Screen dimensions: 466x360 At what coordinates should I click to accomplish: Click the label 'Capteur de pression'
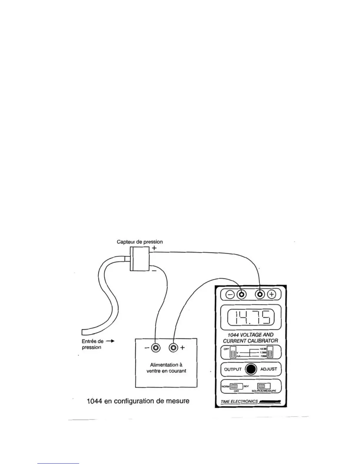tap(139, 242)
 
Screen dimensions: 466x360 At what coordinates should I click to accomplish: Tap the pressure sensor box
tap(139, 259)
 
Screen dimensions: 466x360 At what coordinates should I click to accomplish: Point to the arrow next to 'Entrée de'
tap(110, 341)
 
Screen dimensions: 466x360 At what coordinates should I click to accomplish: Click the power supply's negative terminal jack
tap(156, 347)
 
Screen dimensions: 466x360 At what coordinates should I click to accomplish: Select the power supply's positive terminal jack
tap(174, 347)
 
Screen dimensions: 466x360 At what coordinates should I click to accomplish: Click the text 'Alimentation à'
tap(166, 365)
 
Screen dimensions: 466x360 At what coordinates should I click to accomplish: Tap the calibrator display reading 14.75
tap(251, 317)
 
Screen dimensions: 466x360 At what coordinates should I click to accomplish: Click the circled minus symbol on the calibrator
tap(230, 294)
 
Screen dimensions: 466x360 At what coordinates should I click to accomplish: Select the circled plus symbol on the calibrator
tap(272, 294)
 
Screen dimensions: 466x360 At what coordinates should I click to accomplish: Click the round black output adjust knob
tap(251, 369)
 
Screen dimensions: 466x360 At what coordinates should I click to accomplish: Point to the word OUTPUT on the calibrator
tap(233, 369)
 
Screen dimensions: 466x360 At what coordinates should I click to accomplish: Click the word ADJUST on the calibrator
tap(269, 369)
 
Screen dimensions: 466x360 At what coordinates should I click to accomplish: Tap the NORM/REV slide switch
tap(236, 386)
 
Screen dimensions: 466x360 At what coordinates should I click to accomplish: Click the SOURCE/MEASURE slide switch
tap(264, 386)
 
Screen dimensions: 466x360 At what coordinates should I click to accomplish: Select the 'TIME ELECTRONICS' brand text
tap(239, 402)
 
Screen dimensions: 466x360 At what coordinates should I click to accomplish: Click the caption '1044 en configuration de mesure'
tap(138, 401)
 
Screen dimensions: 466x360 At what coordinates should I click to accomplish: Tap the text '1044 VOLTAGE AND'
tap(251, 335)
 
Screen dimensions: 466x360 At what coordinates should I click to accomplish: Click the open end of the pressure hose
tap(83, 332)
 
